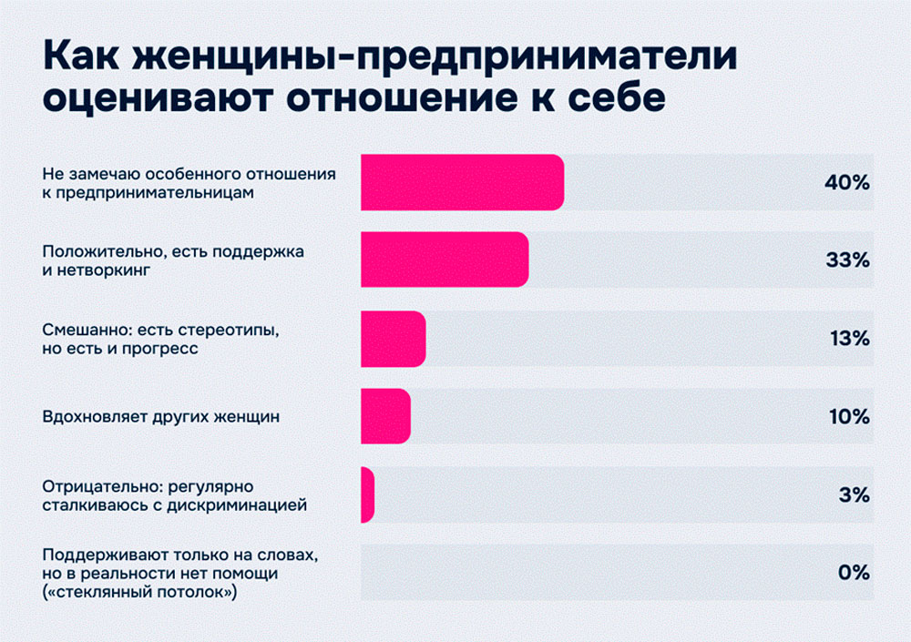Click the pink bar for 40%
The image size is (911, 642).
462,183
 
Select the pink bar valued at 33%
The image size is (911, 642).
445,260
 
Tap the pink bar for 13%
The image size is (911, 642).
394,339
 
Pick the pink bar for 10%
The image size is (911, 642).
385,417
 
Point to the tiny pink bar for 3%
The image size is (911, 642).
367,495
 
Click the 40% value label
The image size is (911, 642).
847,183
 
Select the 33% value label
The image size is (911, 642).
847,260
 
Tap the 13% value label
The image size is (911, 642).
849,339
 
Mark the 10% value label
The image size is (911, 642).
848,417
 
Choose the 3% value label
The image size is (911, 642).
854,495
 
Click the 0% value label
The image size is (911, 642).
854,573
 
